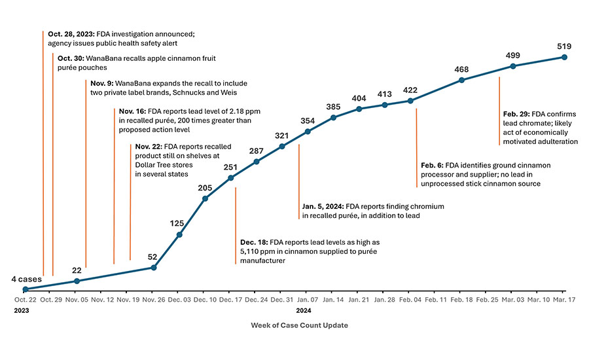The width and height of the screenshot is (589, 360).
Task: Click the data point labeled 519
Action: click(564, 57)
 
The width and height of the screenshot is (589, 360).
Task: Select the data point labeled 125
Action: click(179, 234)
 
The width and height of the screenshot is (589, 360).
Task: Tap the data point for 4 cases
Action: click(25, 289)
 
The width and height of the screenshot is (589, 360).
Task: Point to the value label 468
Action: click(462, 69)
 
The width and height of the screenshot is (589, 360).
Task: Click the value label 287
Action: click(256, 151)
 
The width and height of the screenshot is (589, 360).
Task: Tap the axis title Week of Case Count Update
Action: click(300, 325)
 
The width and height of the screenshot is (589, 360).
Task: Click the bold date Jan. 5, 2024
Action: click(323, 206)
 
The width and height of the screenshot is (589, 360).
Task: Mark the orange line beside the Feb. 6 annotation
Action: click(417, 137)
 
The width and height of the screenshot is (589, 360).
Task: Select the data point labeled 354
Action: click(308, 131)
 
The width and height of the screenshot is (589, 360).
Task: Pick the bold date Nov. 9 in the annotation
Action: click(101, 83)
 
